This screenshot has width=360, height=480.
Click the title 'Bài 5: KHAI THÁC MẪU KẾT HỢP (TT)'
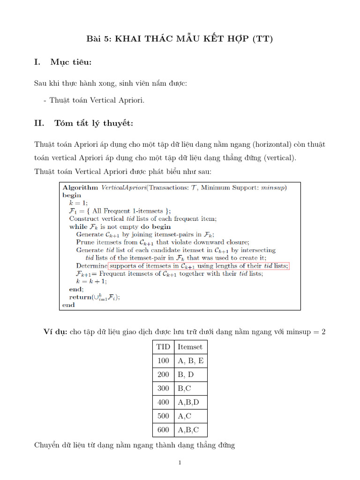point(180,39)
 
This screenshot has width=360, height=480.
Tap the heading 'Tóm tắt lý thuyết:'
point(94,123)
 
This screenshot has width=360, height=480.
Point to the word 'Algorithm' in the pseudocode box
point(81,187)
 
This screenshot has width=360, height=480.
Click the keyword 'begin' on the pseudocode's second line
point(72,195)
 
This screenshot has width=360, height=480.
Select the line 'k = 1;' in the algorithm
point(79,203)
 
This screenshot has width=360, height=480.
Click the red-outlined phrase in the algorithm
point(199,266)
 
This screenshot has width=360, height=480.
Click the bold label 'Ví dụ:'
point(55,332)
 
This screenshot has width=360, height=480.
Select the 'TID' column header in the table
point(163,347)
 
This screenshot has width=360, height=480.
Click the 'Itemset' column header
point(190,347)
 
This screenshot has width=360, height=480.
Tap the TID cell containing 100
point(163,361)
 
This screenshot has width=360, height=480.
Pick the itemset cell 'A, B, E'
point(190,361)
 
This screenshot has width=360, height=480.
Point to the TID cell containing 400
point(163,402)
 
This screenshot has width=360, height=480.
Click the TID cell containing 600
point(163,430)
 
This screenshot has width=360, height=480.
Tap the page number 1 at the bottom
point(180,463)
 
